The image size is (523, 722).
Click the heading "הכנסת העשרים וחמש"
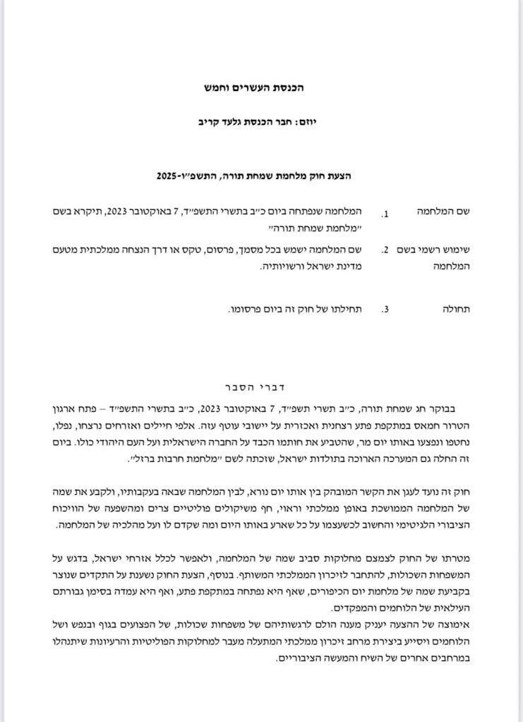tap(261, 90)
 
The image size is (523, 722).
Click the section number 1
tap(385, 214)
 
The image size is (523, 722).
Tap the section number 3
tap(385, 310)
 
